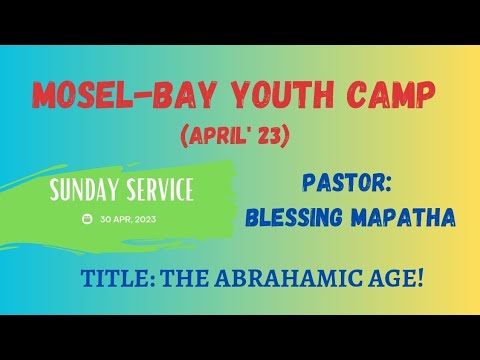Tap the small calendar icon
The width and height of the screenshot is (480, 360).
pos(88,217)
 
